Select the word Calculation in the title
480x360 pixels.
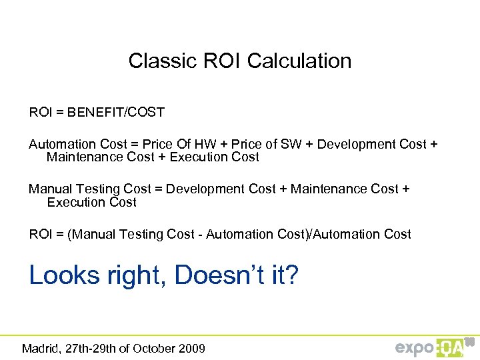coord(299,61)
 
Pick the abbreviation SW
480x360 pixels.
coord(289,145)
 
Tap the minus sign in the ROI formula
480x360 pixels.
coord(201,234)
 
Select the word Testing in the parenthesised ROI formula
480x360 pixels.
coord(136,234)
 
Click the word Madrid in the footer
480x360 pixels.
coord(41,348)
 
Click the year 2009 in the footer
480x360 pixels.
coord(193,348)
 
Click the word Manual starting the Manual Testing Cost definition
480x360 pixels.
coord(49,189)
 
